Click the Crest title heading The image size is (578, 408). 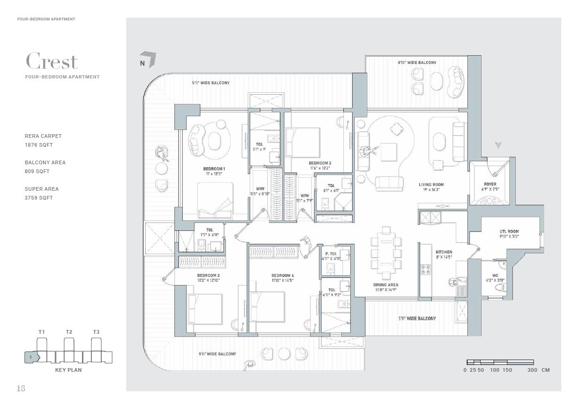point(51,61)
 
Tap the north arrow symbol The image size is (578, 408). point(149,59)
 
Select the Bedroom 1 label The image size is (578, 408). point(214,168)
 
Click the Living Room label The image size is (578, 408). point(431,185)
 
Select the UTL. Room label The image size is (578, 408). point(509,231)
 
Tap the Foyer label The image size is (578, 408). point(489,184)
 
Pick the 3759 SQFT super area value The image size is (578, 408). point(39,198)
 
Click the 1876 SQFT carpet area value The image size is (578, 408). point(39,145)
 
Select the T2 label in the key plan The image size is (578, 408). point(69,332)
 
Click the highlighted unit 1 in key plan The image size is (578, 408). point(31,357)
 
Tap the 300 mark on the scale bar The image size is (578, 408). point(533,370)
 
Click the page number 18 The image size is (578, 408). point(21,389)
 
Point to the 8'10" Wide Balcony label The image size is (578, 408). point(417,63)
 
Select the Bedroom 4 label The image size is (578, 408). point(283,276)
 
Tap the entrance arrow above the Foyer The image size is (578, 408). point(498,145)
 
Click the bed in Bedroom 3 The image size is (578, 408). point(205,308)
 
